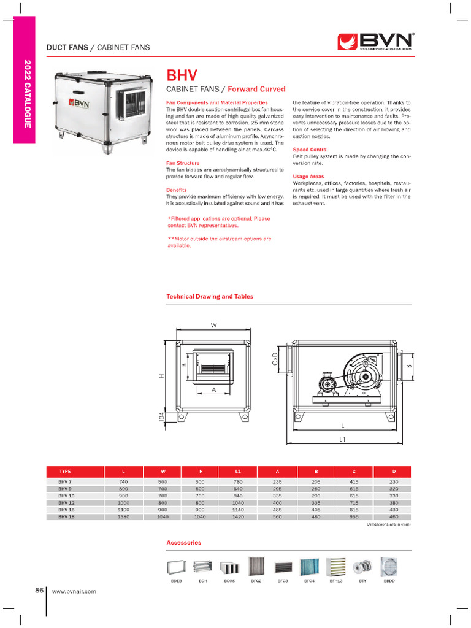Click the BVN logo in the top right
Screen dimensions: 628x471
tap(376, 41)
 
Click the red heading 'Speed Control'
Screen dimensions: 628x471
tap(310, 150)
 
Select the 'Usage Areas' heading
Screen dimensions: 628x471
tap(308, 177)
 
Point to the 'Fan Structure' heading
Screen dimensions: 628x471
tap(183, 163)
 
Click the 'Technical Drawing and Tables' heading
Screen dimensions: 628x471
tap(210, 296)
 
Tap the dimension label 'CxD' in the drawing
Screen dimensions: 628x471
tap(275, 359)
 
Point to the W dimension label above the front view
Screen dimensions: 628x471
tap(214, 326)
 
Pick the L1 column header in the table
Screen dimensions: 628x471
tap(237, 471)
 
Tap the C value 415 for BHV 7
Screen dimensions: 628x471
tap(354, 482)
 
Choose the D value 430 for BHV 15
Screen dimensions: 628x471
tap(393, 510)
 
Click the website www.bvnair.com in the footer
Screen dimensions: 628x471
tap(74, 591)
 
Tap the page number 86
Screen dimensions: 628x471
tap(39, 591)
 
